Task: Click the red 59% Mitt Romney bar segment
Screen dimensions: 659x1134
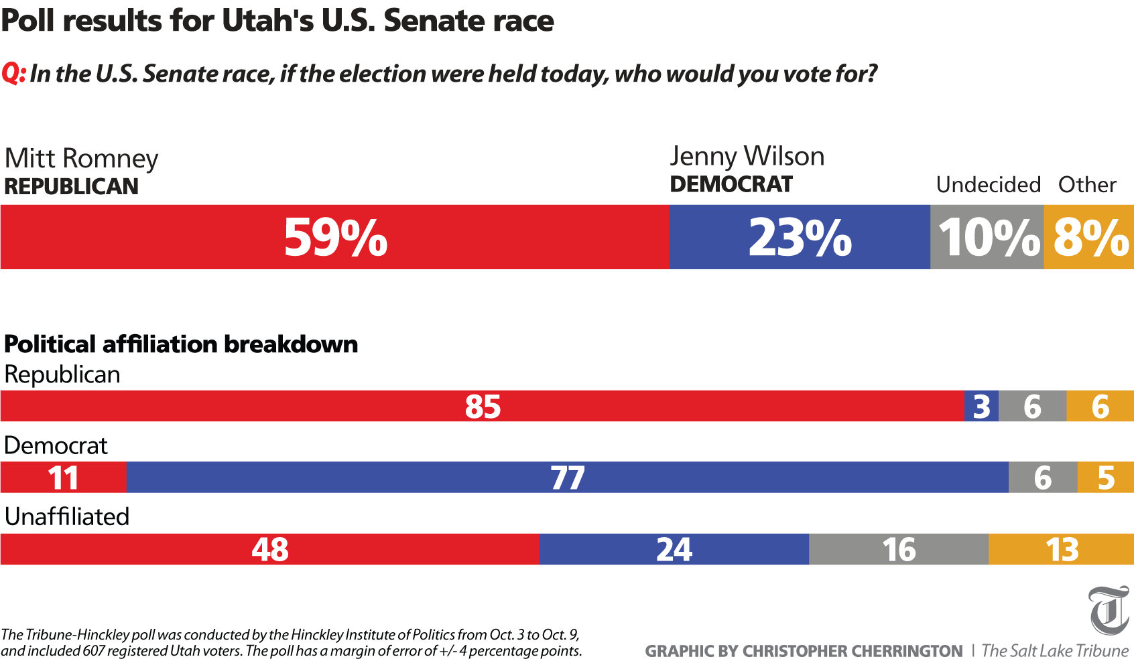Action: (x=335, y=237)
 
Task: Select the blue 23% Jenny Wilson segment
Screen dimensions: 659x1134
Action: (x=800, y=237)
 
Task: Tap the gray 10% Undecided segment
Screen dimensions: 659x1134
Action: (x=987, y=237)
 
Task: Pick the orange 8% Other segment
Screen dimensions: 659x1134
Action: (x=1089, y=237)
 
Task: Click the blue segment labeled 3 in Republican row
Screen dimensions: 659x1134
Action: (x=981, y=407)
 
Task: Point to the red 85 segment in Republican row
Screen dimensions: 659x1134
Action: (x=483, y=407)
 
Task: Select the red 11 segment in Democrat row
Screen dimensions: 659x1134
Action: (x=63, y=478)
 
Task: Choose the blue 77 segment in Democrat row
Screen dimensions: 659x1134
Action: (x=567, y=478)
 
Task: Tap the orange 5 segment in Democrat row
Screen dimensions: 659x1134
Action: (x=1106, y=478)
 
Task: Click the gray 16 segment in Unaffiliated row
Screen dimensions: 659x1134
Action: (x=899, y=549)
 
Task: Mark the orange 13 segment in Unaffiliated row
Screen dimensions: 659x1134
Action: (x=1062, y=549)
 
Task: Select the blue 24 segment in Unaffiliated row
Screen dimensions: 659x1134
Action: (x=674, y=549)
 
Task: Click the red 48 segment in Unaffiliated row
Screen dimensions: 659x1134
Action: (x=270, y=549)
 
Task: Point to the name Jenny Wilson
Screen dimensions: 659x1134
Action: (x=747, y=156)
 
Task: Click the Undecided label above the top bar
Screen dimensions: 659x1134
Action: (x=988, y=184)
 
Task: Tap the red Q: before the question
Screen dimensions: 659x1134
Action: (x=13, y=73)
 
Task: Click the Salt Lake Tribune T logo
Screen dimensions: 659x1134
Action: (x=1109, y=610)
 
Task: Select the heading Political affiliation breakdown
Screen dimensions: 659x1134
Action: (x=181, y=344)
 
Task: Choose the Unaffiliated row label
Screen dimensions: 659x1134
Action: (x=67, y=516)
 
